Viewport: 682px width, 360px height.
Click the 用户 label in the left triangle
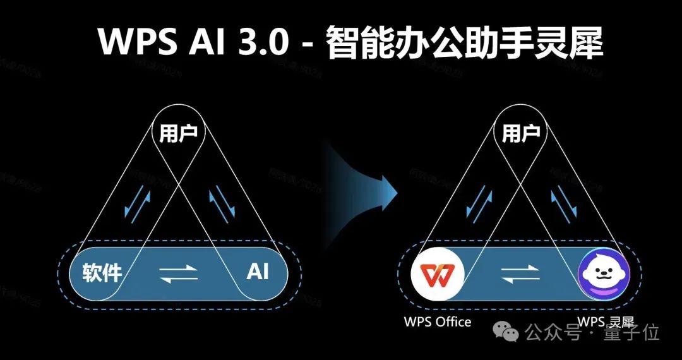click(x=179, y=133)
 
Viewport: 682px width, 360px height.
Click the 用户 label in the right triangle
click(x=520, y=133)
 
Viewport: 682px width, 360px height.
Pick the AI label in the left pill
click(x=258, y=272)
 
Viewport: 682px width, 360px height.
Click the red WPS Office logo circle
click(x=438, y=273)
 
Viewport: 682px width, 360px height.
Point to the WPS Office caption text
click(x=438, y=322)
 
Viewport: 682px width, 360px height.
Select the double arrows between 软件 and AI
click(x=179, y=273)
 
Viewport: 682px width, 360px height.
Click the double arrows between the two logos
click(x=520, y=273)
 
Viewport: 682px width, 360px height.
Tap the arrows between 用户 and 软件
click(x=138, y=202)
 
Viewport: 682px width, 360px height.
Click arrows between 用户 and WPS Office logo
click(x=479, y=202)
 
